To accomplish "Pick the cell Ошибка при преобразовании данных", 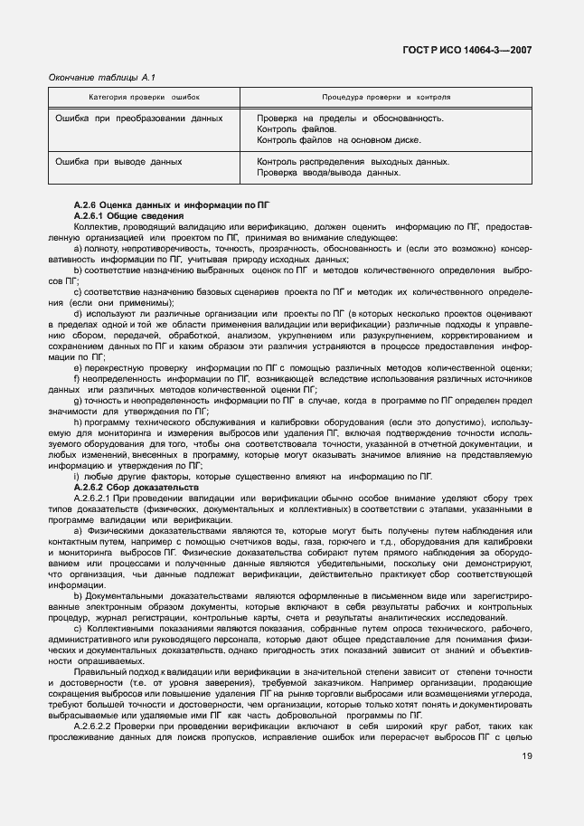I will [x=139, y=118].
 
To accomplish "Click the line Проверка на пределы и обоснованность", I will [x=350, y=118].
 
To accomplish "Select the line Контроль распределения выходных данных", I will [x=353, y=162].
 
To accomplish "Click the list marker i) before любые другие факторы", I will [x=77, y=476].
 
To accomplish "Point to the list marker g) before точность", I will [x=79, y=400].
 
